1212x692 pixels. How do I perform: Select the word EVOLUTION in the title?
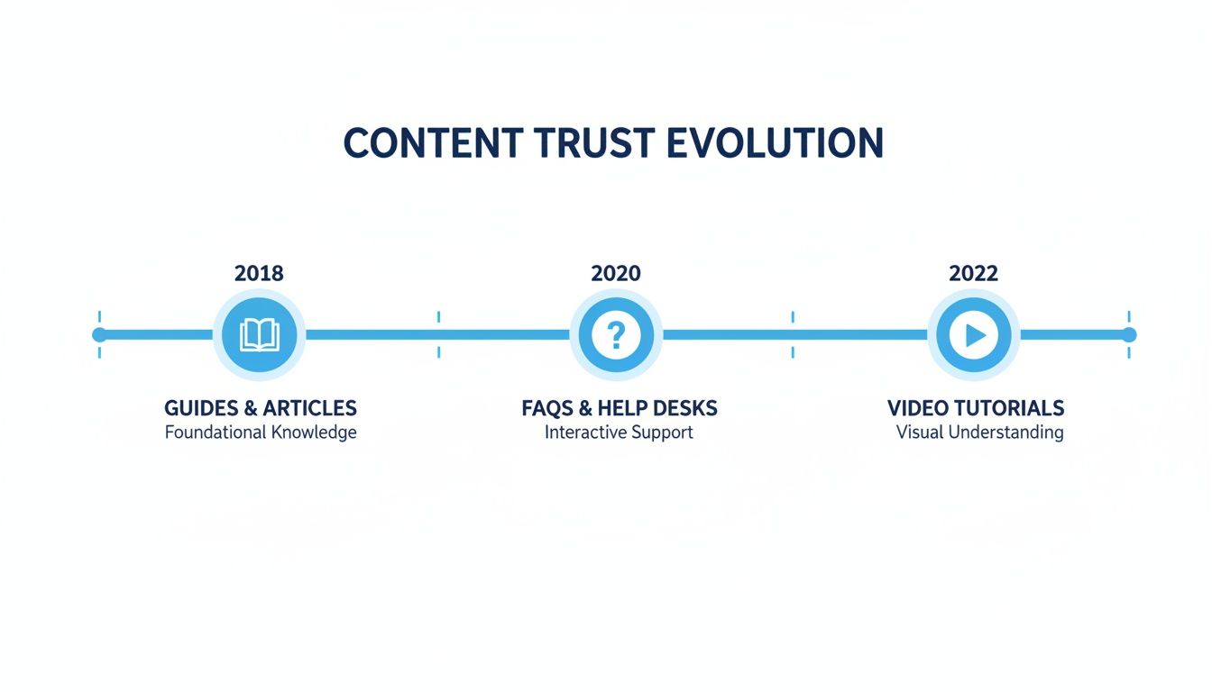[775, 144]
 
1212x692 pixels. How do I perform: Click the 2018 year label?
[259, 273]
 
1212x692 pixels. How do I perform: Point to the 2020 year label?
[616, 273]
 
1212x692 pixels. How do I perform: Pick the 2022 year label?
[973, 273]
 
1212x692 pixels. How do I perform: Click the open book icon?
[260, 335]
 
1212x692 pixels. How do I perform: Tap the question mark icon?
[616, 335]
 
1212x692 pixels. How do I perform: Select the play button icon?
[974, 335]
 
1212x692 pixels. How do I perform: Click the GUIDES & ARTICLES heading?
[261, 408]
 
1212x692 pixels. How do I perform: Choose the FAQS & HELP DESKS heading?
[620, 408]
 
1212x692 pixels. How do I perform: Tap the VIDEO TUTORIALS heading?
[976, 408]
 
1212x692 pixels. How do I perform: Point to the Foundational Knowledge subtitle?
[261, 432]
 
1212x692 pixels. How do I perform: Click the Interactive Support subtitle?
[619, 432]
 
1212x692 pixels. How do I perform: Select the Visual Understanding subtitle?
[979, 432]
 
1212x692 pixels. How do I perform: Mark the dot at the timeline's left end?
[99, 335]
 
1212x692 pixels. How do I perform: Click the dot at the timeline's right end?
[1129, 335]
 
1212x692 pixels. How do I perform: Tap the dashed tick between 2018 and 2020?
[438, 335]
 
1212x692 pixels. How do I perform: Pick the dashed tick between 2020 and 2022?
[793, 335]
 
